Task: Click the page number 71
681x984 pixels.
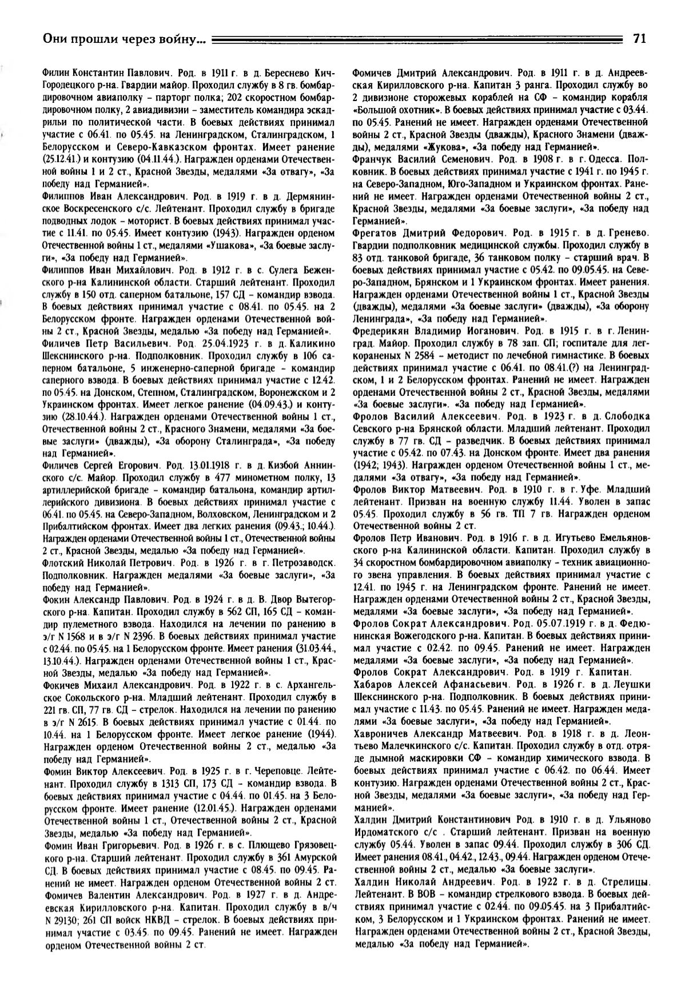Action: click(x=639, y=39)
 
